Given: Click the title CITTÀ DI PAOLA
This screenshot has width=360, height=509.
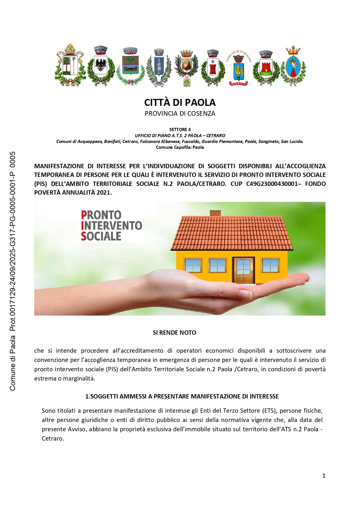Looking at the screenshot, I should (x=180, y=103).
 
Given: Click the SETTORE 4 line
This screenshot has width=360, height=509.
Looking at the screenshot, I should (x=180, y=130).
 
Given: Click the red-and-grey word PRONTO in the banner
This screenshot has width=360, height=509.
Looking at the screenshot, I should (x=101, y=215).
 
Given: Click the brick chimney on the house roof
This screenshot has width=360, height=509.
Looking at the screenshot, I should (x=215, y=213).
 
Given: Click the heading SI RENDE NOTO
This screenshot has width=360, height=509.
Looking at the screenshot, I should (x=174, y=333).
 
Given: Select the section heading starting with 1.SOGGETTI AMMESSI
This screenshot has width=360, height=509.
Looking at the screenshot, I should (x=182, y=396).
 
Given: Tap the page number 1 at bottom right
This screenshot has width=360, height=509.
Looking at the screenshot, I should (x=324, y=476).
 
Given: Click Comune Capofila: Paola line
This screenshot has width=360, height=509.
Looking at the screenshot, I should (x=180, y=147).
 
